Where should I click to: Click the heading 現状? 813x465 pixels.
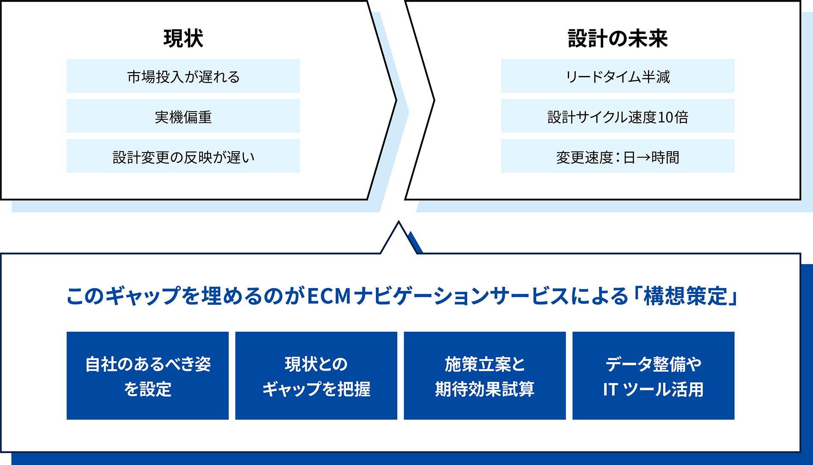click(183, 38)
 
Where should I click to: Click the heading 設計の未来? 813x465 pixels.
click(617, 38)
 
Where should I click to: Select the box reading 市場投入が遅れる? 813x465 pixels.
click(183, 76)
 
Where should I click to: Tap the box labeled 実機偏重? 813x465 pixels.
click(183, 116)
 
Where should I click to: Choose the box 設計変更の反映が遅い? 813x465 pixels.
click(183, 157)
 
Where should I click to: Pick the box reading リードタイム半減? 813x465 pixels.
click(617, 76)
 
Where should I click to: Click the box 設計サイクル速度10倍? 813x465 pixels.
click(617, 116)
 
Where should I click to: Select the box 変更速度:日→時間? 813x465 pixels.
click(617, 157)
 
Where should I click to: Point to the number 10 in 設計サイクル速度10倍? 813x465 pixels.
click(665, 117)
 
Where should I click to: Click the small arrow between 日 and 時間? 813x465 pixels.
click(643, 158)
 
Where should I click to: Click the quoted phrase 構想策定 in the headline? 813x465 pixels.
click(685, 296)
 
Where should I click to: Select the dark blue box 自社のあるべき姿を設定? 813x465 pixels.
click(147, 376)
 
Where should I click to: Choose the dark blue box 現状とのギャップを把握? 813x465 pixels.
click(316, 376)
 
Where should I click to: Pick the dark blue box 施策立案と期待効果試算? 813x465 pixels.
click(484, 376)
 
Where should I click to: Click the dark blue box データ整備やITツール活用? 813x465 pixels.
click(653, 376)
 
